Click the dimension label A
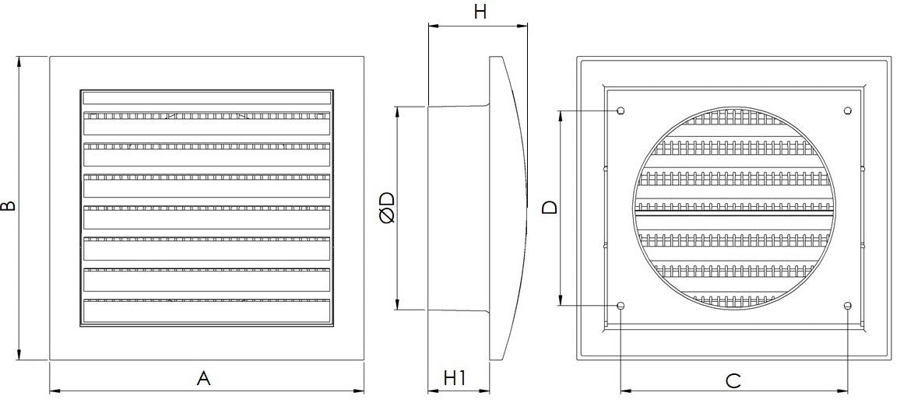[204, 379]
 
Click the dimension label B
[8, 207]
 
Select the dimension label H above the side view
[480, 11]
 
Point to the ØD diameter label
[387, 208]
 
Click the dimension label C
[733, 380]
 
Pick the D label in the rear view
[550, 208]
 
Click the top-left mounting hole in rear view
[621, 110]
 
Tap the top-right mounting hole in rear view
[848, 110]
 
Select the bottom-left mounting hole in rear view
[621, 306]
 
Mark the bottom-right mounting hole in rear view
[848, 306]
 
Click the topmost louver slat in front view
[206, 99]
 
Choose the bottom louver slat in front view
[206, 310]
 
